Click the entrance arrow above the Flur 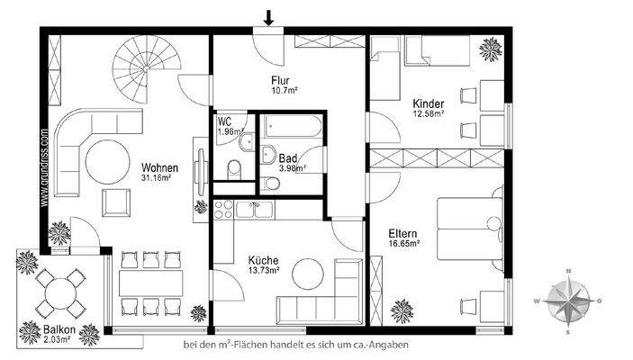(x=268, y=16)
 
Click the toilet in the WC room (x=234, y=168)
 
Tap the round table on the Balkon (x=58, y=291)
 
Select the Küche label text (x=263, y=261)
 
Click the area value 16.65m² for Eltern (x=406, y=242)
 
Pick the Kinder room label (x=428, y=102)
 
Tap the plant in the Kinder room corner (x=492, y=48)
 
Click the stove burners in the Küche (x=223, y=211)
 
